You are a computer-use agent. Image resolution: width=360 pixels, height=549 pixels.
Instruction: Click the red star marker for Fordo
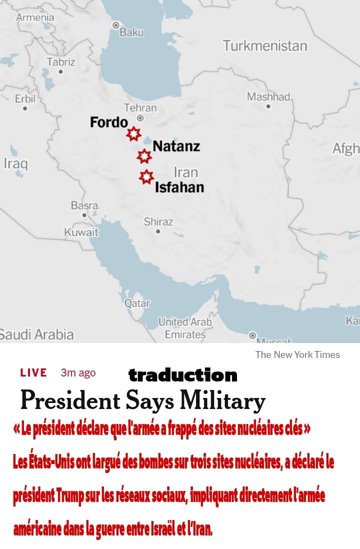point(133,134)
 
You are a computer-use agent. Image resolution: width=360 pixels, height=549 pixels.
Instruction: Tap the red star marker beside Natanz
point(144,156)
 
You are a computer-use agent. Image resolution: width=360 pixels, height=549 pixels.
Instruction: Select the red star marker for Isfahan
point(146,176)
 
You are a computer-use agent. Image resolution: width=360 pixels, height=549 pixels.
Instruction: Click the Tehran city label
point(140,107)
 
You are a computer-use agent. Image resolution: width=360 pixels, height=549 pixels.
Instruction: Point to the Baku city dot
point(116,24)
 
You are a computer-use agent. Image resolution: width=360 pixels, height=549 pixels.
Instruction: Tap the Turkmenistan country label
point(265,46)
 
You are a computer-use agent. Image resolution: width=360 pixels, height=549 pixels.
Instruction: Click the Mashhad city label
point(268,96)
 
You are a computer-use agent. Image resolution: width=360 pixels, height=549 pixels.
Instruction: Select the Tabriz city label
point(61,62)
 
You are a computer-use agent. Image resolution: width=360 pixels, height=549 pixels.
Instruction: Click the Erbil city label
point(25,98)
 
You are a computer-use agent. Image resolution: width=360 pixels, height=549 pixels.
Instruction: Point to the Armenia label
point(35,17)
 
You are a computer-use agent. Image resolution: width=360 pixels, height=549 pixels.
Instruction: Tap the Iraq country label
point(15,163)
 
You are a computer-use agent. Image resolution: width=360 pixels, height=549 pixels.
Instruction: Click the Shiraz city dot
point(158,231)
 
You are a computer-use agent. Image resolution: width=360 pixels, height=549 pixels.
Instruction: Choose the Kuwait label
point(81,232)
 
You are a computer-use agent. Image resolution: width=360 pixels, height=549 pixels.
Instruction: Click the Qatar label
point(137,303)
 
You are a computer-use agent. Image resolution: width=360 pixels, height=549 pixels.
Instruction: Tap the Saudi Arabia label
point(36,334)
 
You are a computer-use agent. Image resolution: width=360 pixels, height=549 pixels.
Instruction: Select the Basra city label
point(84,205)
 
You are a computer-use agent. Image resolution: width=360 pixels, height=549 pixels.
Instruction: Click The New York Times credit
point(297,355)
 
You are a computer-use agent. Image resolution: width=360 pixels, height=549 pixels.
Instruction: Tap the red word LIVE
point(33,372)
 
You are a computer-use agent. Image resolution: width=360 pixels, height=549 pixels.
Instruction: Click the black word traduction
point(182,375)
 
